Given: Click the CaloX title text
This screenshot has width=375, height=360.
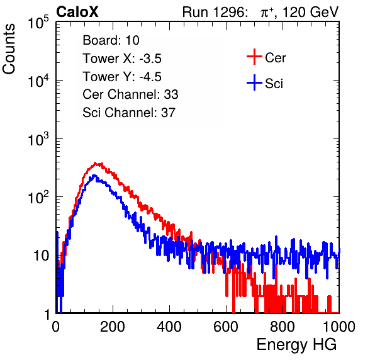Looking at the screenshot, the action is click(77, 11).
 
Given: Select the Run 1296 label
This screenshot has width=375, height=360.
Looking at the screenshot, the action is click(213, 12).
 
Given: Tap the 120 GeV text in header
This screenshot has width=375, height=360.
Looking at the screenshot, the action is click(310, 12).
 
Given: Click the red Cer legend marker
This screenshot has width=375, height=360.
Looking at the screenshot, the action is click(254, 57).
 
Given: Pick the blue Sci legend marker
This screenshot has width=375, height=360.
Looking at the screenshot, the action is click(254, 82).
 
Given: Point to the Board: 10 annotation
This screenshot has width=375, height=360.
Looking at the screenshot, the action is click(111, 40).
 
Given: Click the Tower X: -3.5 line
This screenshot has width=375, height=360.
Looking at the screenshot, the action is click(122, 59).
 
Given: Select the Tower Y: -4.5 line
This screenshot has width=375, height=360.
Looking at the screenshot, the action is click(122, 77).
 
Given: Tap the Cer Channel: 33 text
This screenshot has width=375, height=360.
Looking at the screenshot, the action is click(130, 94).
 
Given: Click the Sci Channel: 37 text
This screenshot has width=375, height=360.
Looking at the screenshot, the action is click(129, 113).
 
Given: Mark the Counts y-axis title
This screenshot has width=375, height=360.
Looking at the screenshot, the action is click(9, 49).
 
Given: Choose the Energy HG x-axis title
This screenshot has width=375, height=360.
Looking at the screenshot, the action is click(296, 344).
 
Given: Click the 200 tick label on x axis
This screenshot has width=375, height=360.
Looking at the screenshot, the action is click(113, 327).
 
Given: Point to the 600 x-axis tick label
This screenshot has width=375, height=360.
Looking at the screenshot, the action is click(226, 327).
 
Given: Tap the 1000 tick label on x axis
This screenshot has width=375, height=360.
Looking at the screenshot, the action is click(339, 327).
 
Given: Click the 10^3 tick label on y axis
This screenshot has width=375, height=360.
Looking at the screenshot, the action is click(38, 139).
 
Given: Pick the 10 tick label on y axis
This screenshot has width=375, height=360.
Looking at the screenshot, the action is click(41, 256).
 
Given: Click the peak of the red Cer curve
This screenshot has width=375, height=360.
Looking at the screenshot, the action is click(95, 164).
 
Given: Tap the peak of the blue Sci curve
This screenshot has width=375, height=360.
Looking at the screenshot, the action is click(94, 176).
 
